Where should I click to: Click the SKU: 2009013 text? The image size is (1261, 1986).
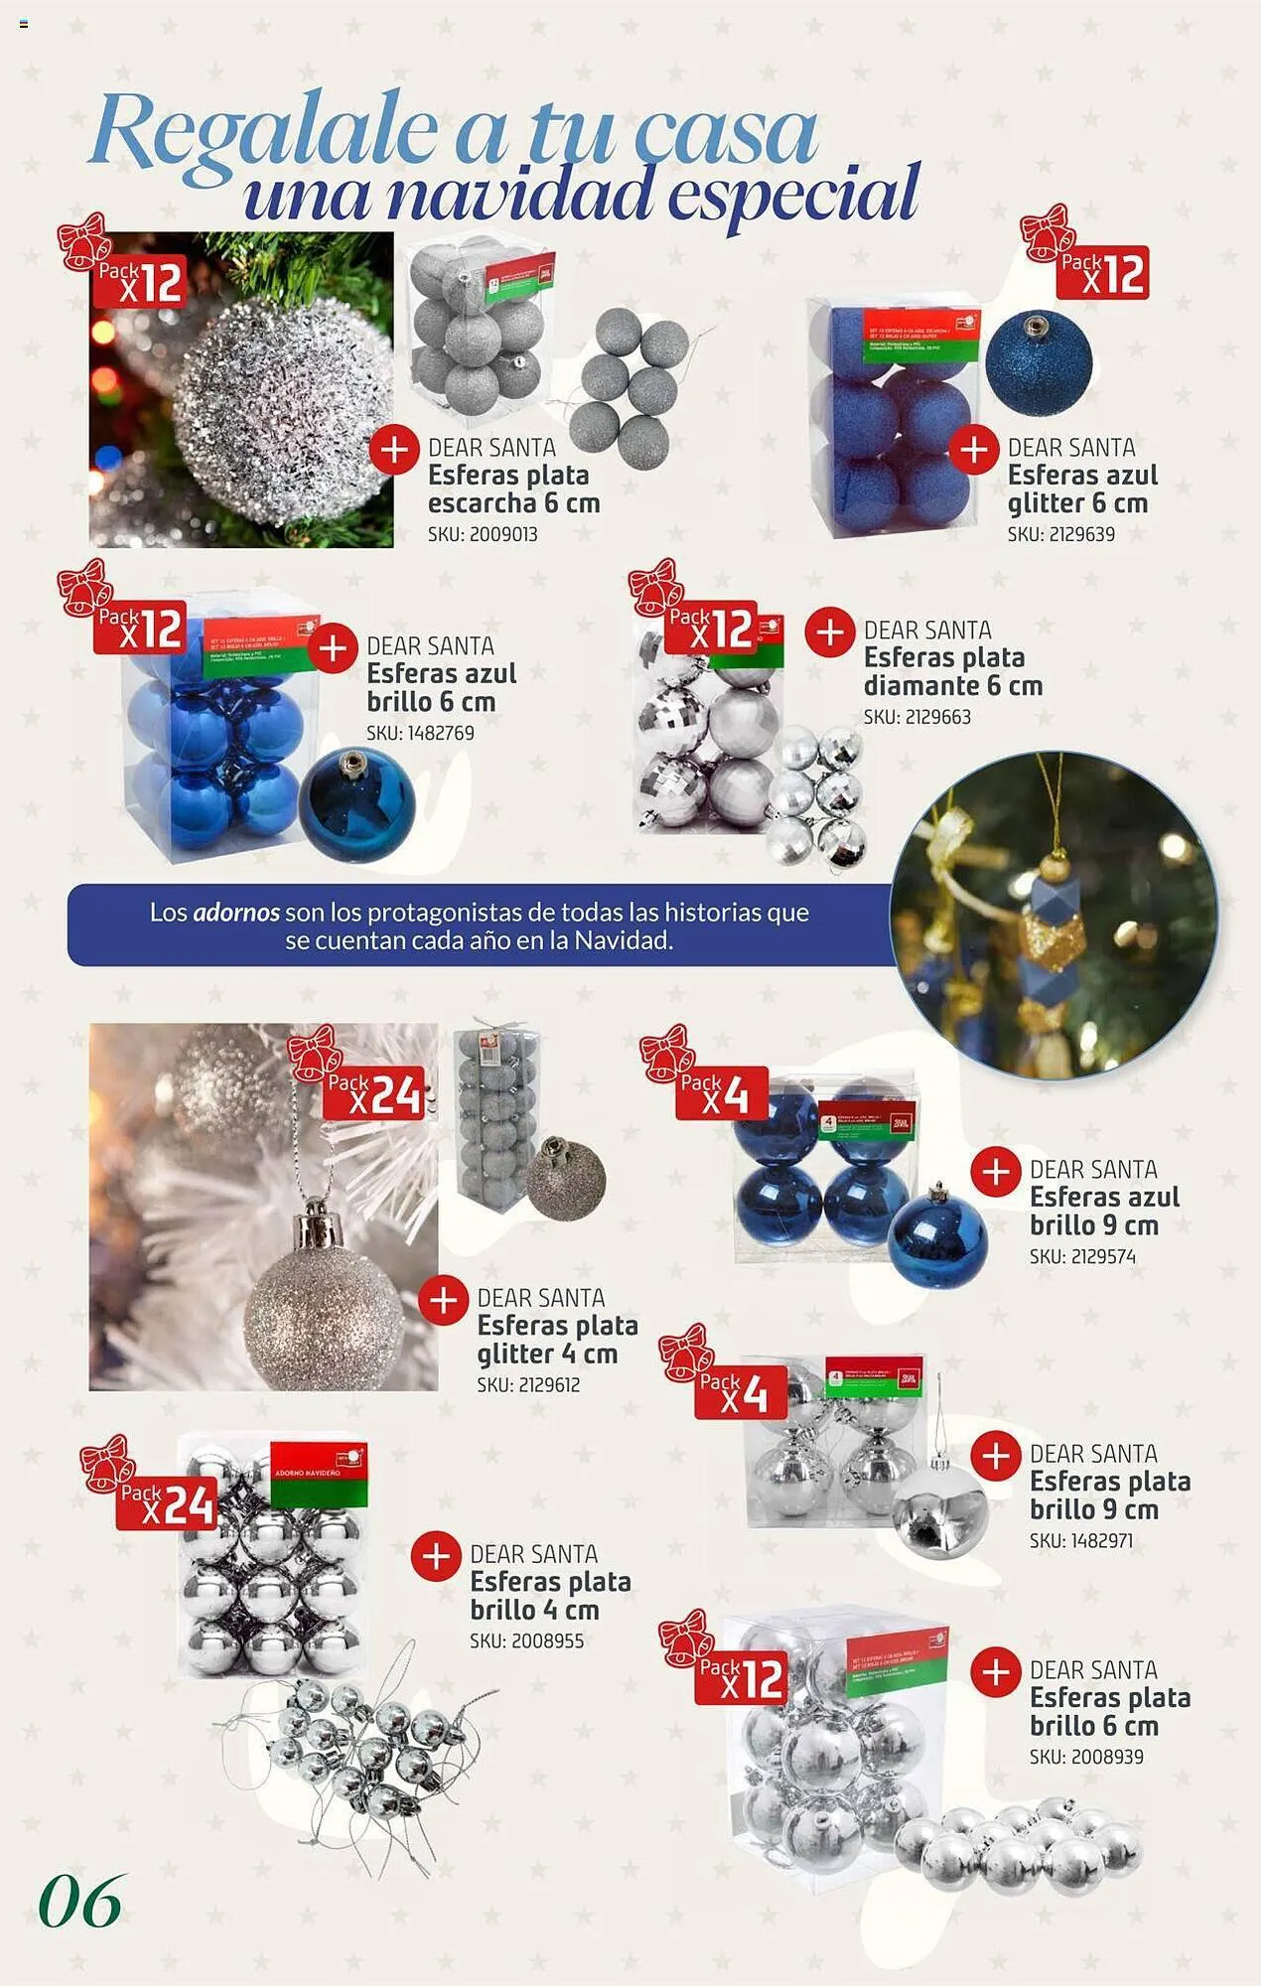[x=483, y=534]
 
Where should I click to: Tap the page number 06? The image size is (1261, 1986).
[x=80, y=1902]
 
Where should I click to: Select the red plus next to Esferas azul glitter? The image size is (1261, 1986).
[x=973, y=450]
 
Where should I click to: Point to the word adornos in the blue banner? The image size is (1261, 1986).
[x=236, y=913]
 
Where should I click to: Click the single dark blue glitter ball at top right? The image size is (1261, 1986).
[x=1039, y=362]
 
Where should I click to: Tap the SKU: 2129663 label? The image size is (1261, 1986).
[x=916, y=717]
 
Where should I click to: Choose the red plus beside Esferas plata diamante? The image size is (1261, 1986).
[x=829, y=633]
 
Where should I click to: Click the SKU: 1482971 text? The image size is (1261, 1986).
[x=1081, y=1541]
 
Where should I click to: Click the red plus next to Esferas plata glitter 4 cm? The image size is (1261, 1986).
[x=443, y=1300]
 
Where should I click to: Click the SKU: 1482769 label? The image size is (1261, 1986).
[x=420, y=733]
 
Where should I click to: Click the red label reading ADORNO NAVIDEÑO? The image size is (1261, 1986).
[x=319, y=1474]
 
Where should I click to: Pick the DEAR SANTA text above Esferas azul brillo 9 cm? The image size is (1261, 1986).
[x=1093, y=1170]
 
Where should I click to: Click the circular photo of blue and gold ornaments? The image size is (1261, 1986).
[x=1053, y=915]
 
